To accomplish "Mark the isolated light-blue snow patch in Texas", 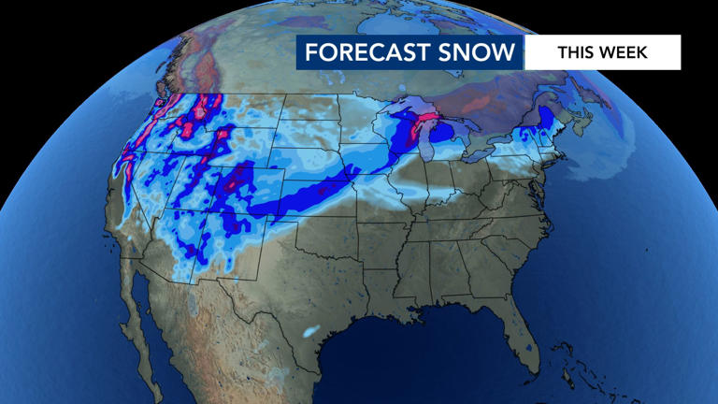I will click(310, 331).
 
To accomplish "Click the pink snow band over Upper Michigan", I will click(426, 123).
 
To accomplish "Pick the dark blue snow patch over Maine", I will click(541, 118).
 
